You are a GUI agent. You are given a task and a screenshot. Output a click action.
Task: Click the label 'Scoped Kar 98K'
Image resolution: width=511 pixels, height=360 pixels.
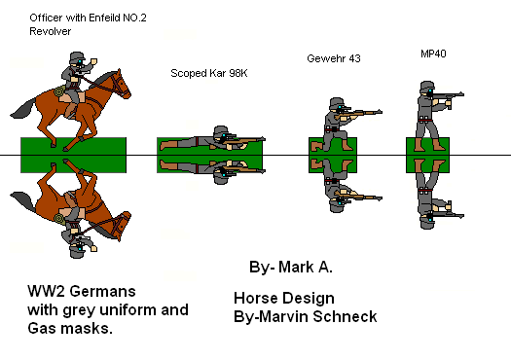coord(209,73)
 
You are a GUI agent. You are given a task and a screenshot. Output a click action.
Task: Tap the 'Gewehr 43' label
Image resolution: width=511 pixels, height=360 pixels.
coord(334,58)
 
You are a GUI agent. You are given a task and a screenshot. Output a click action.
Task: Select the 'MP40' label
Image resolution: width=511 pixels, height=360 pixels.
coord(433,54)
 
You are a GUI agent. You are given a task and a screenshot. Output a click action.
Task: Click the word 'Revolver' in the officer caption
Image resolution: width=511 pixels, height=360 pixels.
coord(51,31)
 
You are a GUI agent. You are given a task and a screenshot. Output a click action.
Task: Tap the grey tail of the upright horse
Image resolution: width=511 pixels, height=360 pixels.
coord(22,108)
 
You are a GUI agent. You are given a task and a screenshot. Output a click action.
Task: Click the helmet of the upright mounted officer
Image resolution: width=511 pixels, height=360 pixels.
coord(77,56)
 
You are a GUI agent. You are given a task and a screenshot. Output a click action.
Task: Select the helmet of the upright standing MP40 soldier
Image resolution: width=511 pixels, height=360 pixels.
coord(427,86)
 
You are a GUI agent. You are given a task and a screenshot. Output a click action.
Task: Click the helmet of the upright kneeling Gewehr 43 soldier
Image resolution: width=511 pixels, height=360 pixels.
coord(337,101)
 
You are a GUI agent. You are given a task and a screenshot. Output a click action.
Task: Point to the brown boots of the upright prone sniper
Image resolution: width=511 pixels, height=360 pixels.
coord(168,145)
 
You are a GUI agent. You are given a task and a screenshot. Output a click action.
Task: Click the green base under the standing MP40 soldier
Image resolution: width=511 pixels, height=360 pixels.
coord(427,155)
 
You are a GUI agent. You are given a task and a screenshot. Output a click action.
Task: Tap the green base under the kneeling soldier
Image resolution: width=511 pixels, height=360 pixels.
coord(333,155)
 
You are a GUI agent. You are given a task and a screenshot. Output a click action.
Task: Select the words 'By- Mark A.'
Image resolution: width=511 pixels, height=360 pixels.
coord(291,268)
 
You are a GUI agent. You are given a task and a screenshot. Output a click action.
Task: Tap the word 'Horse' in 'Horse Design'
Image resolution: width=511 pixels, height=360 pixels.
coord(255,298)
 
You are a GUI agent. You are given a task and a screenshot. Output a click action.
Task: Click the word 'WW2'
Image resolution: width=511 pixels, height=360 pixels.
coord(46,291)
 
